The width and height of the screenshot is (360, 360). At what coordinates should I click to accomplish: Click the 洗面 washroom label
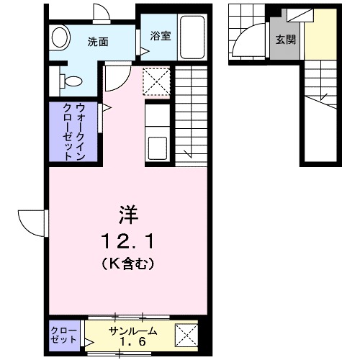(x=99, y=42)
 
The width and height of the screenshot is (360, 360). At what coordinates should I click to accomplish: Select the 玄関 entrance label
(x=285, y=40)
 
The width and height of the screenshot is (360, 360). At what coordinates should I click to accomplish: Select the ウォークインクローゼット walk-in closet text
(x=73, y=131)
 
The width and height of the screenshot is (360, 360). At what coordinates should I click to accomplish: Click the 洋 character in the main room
(x=129, y=214)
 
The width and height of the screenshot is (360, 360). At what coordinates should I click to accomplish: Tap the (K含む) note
(x=129, y=264)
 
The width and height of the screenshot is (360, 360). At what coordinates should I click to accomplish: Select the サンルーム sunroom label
(x=130, y=330)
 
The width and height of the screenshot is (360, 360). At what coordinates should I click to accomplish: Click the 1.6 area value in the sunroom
(x=130, y=341)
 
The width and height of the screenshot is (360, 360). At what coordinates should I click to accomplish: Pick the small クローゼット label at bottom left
(x=66, y=336)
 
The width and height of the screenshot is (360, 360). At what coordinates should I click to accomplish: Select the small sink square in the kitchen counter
(x=158, y=148)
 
